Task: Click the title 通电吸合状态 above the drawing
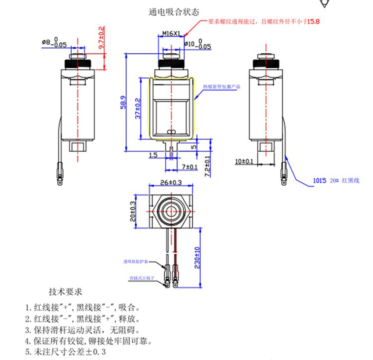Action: coord(174,12)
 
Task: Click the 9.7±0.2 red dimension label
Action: coord(101,39)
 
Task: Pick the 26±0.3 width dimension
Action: coord(171,183)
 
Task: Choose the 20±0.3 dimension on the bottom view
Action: coord(132,212)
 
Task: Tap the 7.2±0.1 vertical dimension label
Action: coord(207,166)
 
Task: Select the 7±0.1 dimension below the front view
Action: coord(189,166)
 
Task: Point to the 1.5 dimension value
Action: coord(153,154)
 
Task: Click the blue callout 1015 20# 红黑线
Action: coord(335,181)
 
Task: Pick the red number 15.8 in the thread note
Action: coord(313,22)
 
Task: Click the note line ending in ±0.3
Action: coord(66,351)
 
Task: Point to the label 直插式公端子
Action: coord(141,278)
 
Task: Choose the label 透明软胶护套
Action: coord(136,262)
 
